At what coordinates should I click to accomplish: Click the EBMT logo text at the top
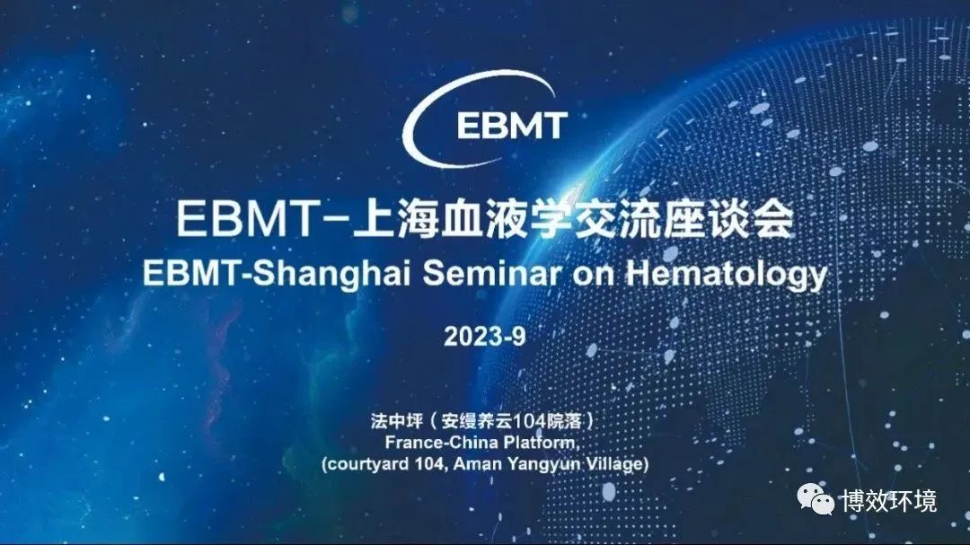tap(512, 127)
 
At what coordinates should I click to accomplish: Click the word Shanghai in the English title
tap(331, 273)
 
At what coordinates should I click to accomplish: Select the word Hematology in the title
tap(727, 274)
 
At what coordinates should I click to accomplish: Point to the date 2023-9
tap(485, 337)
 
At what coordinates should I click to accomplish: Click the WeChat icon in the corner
tap(816, 499)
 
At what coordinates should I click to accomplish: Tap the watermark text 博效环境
tap(889, 500)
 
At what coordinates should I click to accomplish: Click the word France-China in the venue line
tap(441, 443)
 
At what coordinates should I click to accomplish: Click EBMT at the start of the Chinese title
tap(247, 218)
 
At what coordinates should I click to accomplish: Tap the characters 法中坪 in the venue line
tap(397, 421)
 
